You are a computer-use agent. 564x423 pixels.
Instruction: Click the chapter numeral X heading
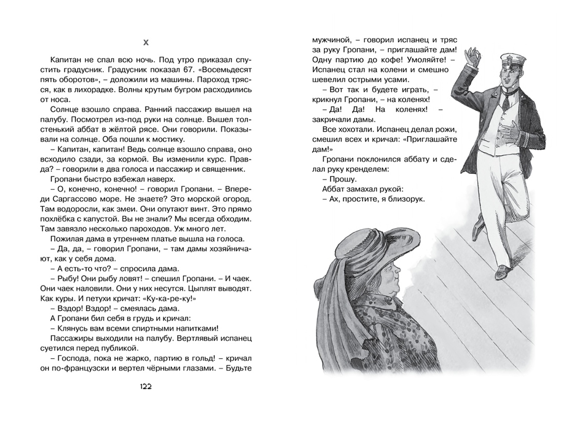(x=146, y=43)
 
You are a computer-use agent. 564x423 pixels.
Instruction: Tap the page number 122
(x=146, y=387)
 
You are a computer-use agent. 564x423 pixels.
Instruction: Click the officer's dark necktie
(x=506, y=103)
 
